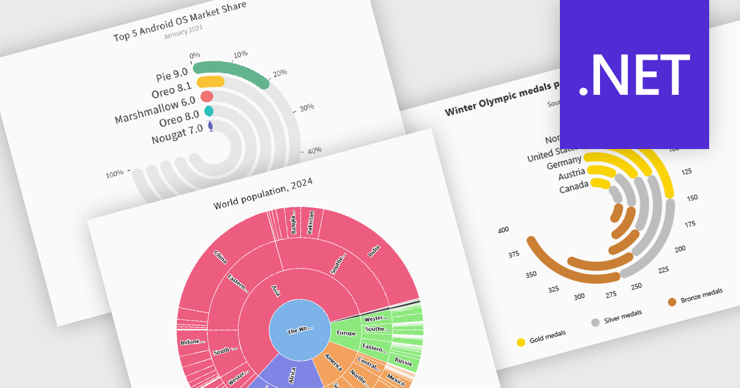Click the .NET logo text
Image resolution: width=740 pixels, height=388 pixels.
(x=634, y=75)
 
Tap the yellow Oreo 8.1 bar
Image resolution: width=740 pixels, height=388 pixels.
(x=210, y=82)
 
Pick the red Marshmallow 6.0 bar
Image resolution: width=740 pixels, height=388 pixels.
(x=207, y=97)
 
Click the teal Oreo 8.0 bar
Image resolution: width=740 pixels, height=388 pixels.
(x=208, y=111)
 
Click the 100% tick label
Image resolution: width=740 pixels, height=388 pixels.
(x=114, y=174)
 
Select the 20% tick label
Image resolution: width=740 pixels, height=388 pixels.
(x=280, y=73)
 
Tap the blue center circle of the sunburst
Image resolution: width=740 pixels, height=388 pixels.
(x=299, y=331)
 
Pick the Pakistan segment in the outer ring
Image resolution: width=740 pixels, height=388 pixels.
(x=311, y=222)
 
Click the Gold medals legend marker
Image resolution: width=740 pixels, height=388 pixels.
(x=521, y=342)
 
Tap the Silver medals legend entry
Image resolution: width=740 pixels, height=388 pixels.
(x=617, y=317)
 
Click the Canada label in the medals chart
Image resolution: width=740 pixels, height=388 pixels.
(x=573, y=188)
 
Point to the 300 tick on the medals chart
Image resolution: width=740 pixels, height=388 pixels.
(x=578, y=296)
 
